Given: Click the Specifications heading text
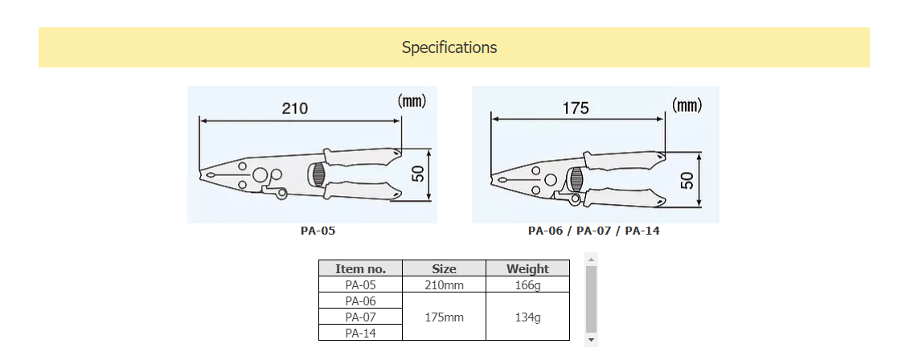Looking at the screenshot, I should (449, 47).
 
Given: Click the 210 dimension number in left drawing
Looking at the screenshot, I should (295, 108).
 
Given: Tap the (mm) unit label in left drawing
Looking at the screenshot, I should (412, 101).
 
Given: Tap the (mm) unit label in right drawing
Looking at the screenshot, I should (687, 105).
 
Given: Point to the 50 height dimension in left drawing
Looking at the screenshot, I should (418, 173).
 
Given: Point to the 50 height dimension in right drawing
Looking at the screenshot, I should (687, 178).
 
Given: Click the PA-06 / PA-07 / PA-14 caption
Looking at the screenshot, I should (593, 231).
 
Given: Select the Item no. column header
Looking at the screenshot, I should (360, 269).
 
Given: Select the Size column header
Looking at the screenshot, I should (444, 269).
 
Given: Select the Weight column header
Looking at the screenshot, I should (527, 269).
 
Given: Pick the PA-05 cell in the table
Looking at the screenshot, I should (360, 284).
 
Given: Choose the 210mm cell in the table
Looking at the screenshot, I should (444, 284).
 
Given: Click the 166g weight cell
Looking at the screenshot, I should (527, 284).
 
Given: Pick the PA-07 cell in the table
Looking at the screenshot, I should (360, 317).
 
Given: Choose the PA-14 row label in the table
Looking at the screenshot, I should (360, 333).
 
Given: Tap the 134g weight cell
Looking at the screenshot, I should (527, 317).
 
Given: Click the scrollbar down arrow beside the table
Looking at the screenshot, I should (592, 341).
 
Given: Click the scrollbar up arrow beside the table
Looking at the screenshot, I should (592, 260).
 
